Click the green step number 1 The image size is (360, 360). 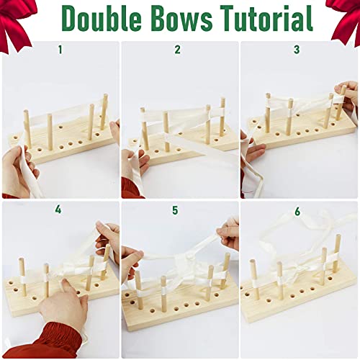60,50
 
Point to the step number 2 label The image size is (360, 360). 178,50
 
